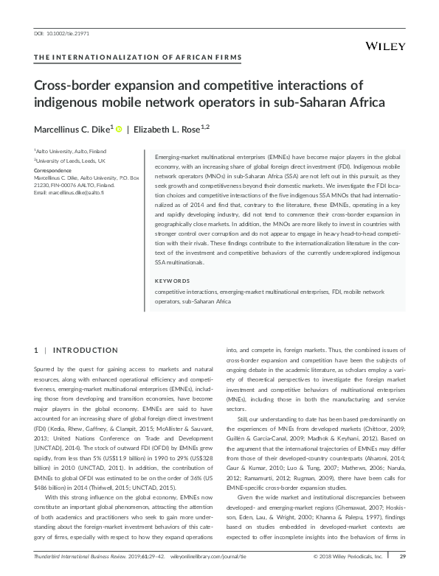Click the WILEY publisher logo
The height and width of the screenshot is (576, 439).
coord(385,46)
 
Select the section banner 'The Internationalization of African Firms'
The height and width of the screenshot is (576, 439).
coord(138,57)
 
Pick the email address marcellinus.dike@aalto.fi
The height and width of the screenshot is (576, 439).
coord(77,192)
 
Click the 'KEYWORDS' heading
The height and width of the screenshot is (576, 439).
coord(172,281)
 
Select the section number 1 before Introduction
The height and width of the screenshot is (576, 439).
coord(37,348)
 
